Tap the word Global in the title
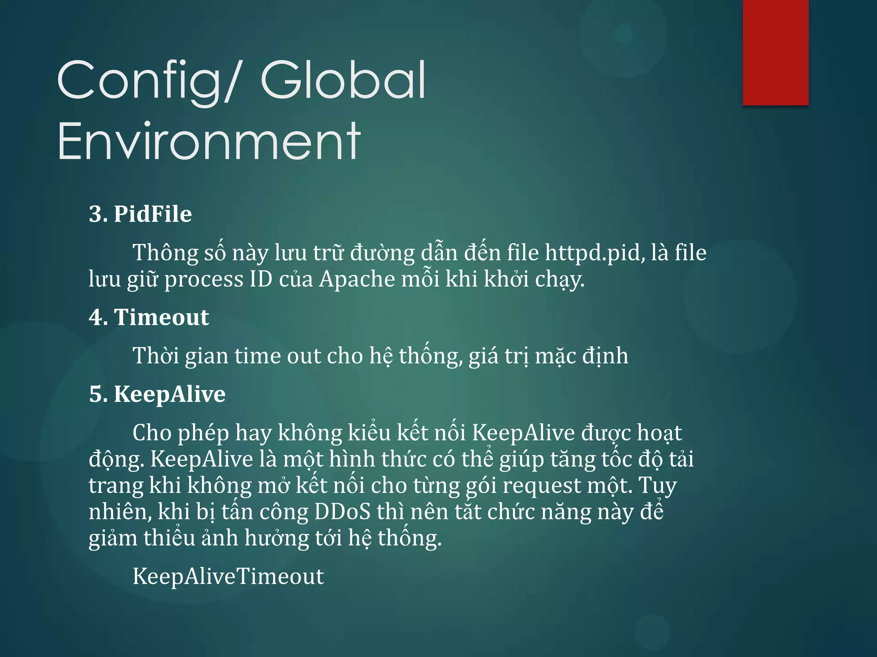[x=343, y=80]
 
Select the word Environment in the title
[x=209, y=141]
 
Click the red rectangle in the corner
[x=776, y=52]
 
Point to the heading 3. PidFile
[x=140, y=214]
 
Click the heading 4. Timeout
[x=149, y=317]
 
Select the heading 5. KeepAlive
[x=157, y=394]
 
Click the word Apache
[x=357, y=279]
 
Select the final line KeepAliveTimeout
[x=228, y=576]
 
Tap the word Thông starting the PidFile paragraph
[x=165, y=252]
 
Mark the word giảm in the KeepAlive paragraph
[x=113, y=538]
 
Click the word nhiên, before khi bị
[x=120, y=512]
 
